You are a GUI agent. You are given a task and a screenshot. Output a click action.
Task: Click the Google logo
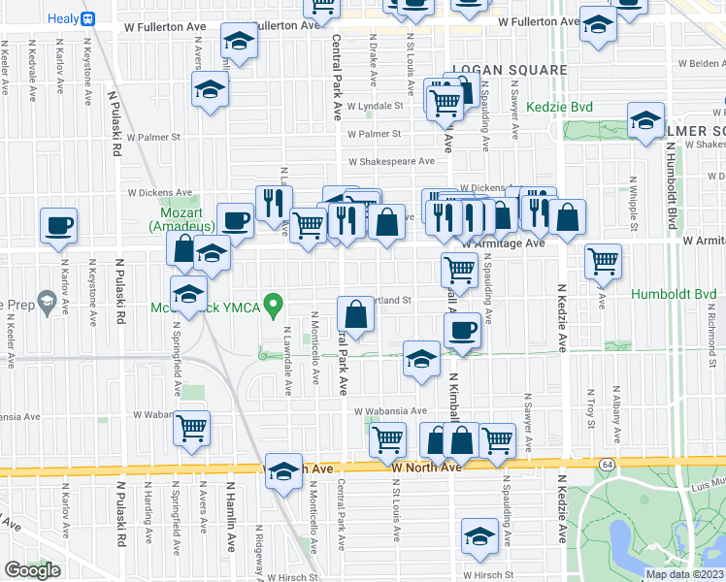[x=32, y=570]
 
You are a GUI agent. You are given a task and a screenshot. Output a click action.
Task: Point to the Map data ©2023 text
[x=683, y=574]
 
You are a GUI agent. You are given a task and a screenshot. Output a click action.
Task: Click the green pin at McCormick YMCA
[x=275, y=307]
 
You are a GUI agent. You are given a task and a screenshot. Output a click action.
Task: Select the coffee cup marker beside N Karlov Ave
[x=58, y=226]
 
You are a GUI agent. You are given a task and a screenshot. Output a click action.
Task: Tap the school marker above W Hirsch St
[x=478, y=536]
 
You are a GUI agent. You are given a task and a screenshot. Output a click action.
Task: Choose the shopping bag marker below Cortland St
[x=356, y=315]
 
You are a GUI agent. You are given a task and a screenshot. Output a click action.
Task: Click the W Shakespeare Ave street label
[x=391, y=162]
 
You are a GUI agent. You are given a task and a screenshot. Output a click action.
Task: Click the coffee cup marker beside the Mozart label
[x=235, y=220]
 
